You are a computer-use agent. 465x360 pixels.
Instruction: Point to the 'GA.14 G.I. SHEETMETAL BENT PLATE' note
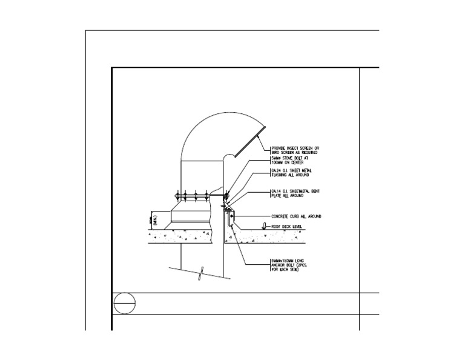294,194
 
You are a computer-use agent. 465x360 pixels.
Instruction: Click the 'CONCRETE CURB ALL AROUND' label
295,216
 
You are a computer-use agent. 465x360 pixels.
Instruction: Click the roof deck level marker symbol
264,227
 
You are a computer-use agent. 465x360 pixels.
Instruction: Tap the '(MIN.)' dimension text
155,219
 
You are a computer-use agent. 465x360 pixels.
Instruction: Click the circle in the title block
124,303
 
